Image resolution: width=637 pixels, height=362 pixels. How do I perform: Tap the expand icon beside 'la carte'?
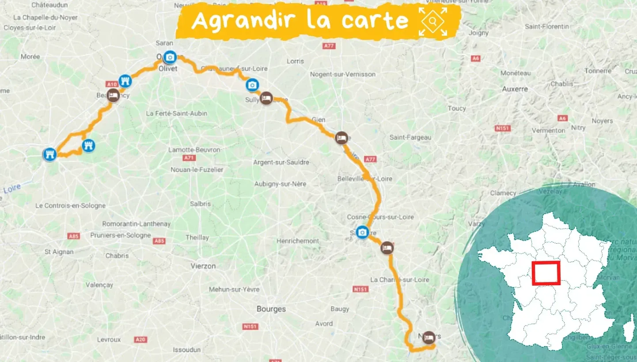(x=433, y=21)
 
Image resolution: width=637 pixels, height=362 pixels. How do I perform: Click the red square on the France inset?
(x=546, y=273)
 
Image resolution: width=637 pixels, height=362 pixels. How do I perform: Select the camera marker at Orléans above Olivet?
(x=169, y=57)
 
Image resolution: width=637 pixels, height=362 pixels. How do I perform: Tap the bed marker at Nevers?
(x=428, y=338)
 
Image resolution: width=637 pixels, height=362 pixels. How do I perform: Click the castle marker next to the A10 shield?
(x=125, y=80)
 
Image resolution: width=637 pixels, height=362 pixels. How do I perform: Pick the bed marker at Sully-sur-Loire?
(x=266, y=98)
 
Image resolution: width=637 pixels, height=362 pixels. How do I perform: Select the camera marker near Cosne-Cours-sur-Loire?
(x=362, y=232)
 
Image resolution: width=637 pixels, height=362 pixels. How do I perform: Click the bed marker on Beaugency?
(x=113, y=96)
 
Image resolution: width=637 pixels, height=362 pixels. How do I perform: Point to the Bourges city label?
(x=271, y=309)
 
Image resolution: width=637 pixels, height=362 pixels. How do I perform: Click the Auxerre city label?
(x=515, y=89)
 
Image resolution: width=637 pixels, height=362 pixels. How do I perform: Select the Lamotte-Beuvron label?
(x=194, y=150)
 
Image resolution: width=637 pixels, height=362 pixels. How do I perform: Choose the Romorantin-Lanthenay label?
(x=136, y=224)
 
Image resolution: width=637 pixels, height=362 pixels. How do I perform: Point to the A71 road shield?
(x=190, y=158)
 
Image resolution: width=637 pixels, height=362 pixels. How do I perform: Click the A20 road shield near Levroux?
(x=141, y=339)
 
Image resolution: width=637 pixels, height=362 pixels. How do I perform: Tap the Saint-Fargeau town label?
(x=410, y=137)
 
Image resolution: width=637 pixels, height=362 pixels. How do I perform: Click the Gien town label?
(x=318, y=119)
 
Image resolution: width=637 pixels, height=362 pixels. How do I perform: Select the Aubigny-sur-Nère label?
(x=280, y=184)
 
